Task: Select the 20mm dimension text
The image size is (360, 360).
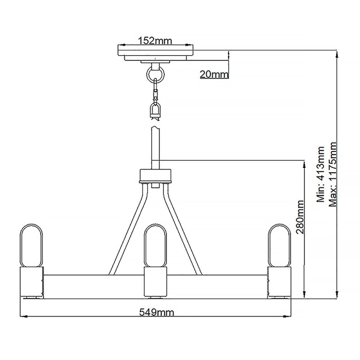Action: pos(214,74)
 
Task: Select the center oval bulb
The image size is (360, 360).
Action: pos(155,245)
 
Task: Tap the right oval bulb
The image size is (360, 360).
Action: pos(279,245)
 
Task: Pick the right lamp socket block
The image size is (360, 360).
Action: pos(279,282)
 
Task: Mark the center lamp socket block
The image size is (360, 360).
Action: pos(155,282)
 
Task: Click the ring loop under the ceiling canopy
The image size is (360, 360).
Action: pos(156,75)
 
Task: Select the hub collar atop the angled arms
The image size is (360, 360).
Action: pos(156,175)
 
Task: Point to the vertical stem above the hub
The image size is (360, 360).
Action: pos(156,145)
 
